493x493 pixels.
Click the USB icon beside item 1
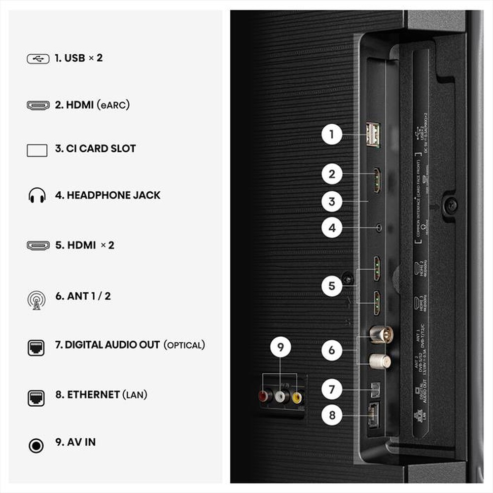(x=37, y=58)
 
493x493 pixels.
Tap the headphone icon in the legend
(x=37, y=196)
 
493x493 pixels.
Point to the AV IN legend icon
(x=36, y=446)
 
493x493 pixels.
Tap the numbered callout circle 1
(x=332, y=134)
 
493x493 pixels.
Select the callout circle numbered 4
(x=332, y=228)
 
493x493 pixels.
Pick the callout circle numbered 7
(x=332, y=389)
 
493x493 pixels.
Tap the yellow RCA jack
(x=297, y=396)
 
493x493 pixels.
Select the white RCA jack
(x=281, y=396)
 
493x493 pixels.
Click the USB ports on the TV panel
(x=373, y=135)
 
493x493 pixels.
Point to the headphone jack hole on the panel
(x=378, y=228)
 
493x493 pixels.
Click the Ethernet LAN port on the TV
(x=373, y=415)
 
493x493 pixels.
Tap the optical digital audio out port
(x=373, y=389)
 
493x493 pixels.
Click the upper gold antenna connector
(x=381, y=334)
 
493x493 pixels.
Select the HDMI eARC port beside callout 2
(x=377, y=180)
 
